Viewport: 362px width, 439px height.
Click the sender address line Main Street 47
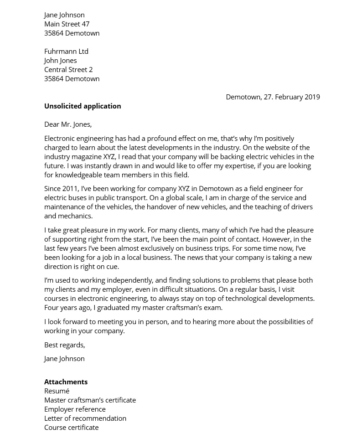pyautogui.click(x=67, y=24)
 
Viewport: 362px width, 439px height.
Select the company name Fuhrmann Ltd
pyautogui.click(x=66, y=51)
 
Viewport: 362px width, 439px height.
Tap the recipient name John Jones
pyautogui.click(x=60, y=60)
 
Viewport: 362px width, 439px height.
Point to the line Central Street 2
pyautogui.click(x=68, y=69)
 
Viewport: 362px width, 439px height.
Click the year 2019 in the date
pyautogui.click(x=312, y=97)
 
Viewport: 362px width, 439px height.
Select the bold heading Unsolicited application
pyautogui.click(x=83, y=106)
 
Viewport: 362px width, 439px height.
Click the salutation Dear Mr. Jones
pyautogui.click(x=68, y=124)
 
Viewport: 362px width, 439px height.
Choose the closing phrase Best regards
pyautogui.click(x=65, y=345)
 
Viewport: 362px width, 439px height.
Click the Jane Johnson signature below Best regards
pyautogui.click(x=64, y=358)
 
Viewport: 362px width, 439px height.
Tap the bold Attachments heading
pyautogui.click(x=66, y=382)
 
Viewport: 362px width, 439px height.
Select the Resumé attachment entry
pyautogui.click(x=57, y=391)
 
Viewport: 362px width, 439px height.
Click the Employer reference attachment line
pyautogui.click(x=75, y=409)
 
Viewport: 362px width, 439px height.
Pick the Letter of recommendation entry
pyautogui.click(x=85, y=418)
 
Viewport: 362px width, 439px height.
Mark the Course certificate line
pyautogui.click(x=71, y=427)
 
